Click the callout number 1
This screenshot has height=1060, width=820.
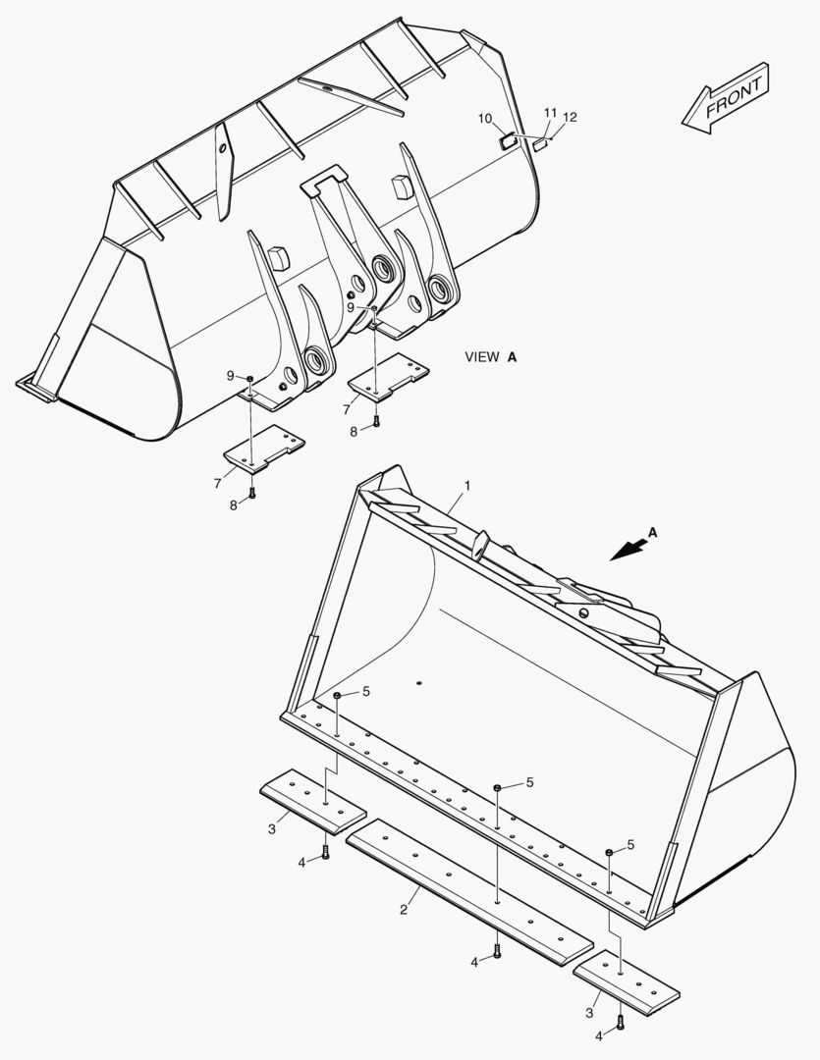(467, 486)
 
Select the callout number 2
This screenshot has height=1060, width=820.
(404, 909)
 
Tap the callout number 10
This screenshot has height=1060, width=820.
(485, 119)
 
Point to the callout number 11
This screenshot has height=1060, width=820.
(550, 113)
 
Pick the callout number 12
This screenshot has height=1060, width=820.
(570, 117)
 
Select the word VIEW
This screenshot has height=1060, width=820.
(482, 357)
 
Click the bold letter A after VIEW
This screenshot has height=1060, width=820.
(512, 357)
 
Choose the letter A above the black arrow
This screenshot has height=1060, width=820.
(653, 533)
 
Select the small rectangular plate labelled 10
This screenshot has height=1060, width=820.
(509, 141)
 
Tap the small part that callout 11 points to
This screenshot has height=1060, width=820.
(539, 144)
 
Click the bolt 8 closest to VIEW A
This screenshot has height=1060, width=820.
(376, 423)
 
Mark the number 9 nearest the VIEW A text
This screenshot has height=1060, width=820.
(351, 307)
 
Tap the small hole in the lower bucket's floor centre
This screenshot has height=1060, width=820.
(418, 683)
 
